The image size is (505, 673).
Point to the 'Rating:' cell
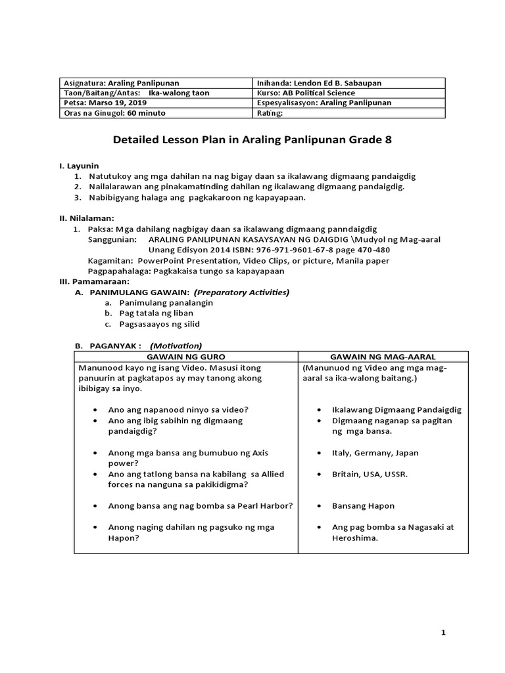[x=270, y=113]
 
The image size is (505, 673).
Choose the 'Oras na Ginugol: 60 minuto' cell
[x=114, y=113]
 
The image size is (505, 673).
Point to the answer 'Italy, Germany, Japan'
[x=375, y=453]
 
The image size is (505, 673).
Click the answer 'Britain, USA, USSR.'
[x=370, y=474]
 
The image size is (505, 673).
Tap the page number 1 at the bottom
[x=443, y=632]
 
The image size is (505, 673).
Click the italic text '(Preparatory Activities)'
[x=241, y=292]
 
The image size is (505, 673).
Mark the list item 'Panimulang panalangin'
[x=166, y=303]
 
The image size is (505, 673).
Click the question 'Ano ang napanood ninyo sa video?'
[x=178, y=409]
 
